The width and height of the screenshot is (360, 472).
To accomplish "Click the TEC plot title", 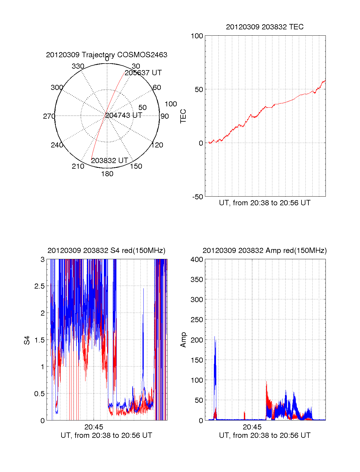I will (265, 27).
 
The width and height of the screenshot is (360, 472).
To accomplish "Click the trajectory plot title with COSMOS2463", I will (106, 55).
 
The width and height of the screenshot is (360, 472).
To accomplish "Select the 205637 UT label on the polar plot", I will (143, 73).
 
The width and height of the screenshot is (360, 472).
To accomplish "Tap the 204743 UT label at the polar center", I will (124, 115).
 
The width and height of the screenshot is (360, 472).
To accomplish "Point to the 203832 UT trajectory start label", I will (109, 161).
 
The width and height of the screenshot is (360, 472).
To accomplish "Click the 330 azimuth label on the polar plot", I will (78, 66).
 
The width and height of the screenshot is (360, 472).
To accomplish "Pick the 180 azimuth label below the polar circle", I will (107, 174).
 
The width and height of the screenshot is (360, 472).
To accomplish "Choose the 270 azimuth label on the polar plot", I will (49, 116).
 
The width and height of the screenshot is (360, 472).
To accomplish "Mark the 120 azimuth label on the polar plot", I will (157, 145).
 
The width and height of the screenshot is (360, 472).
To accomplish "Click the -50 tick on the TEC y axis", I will (198, 197).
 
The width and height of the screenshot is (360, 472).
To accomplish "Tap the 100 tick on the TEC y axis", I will (197, 36).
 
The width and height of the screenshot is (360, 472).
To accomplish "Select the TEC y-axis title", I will (183, 116).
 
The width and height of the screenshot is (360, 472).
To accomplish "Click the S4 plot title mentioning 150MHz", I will (106, 251).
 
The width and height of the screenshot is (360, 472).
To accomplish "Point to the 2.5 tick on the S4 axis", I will (40, 286).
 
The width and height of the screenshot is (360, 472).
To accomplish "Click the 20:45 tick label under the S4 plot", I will (94, 427).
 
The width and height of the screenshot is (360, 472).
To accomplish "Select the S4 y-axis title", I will (27, 340).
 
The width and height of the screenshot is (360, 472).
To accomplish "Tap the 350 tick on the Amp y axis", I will (197, 280).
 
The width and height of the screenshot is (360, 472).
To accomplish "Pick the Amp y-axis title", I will (183, 340).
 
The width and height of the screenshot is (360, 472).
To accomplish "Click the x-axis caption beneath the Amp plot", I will (265, 435).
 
